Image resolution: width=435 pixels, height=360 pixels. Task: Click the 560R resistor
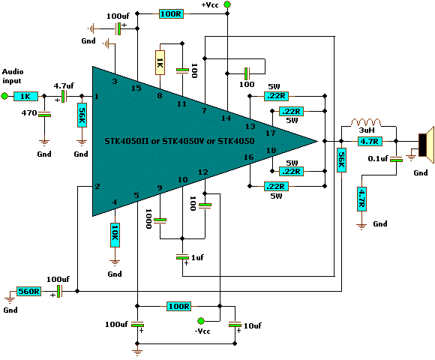(29, 291)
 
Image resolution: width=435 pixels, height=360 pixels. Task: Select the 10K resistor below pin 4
(115, 234)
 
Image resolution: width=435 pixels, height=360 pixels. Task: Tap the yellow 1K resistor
(159, 62)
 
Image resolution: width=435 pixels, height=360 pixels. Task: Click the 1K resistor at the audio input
(25, 96)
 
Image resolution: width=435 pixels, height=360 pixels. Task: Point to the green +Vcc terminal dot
(227, 6)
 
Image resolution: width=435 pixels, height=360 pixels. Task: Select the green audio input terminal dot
(5, 96)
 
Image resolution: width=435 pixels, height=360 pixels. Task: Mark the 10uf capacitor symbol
(235, 325)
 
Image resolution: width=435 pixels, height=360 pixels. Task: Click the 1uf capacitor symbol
(181, 257)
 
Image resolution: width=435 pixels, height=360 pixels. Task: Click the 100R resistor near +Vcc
(171, 13)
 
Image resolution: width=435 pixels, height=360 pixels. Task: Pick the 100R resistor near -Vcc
(178, 306)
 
